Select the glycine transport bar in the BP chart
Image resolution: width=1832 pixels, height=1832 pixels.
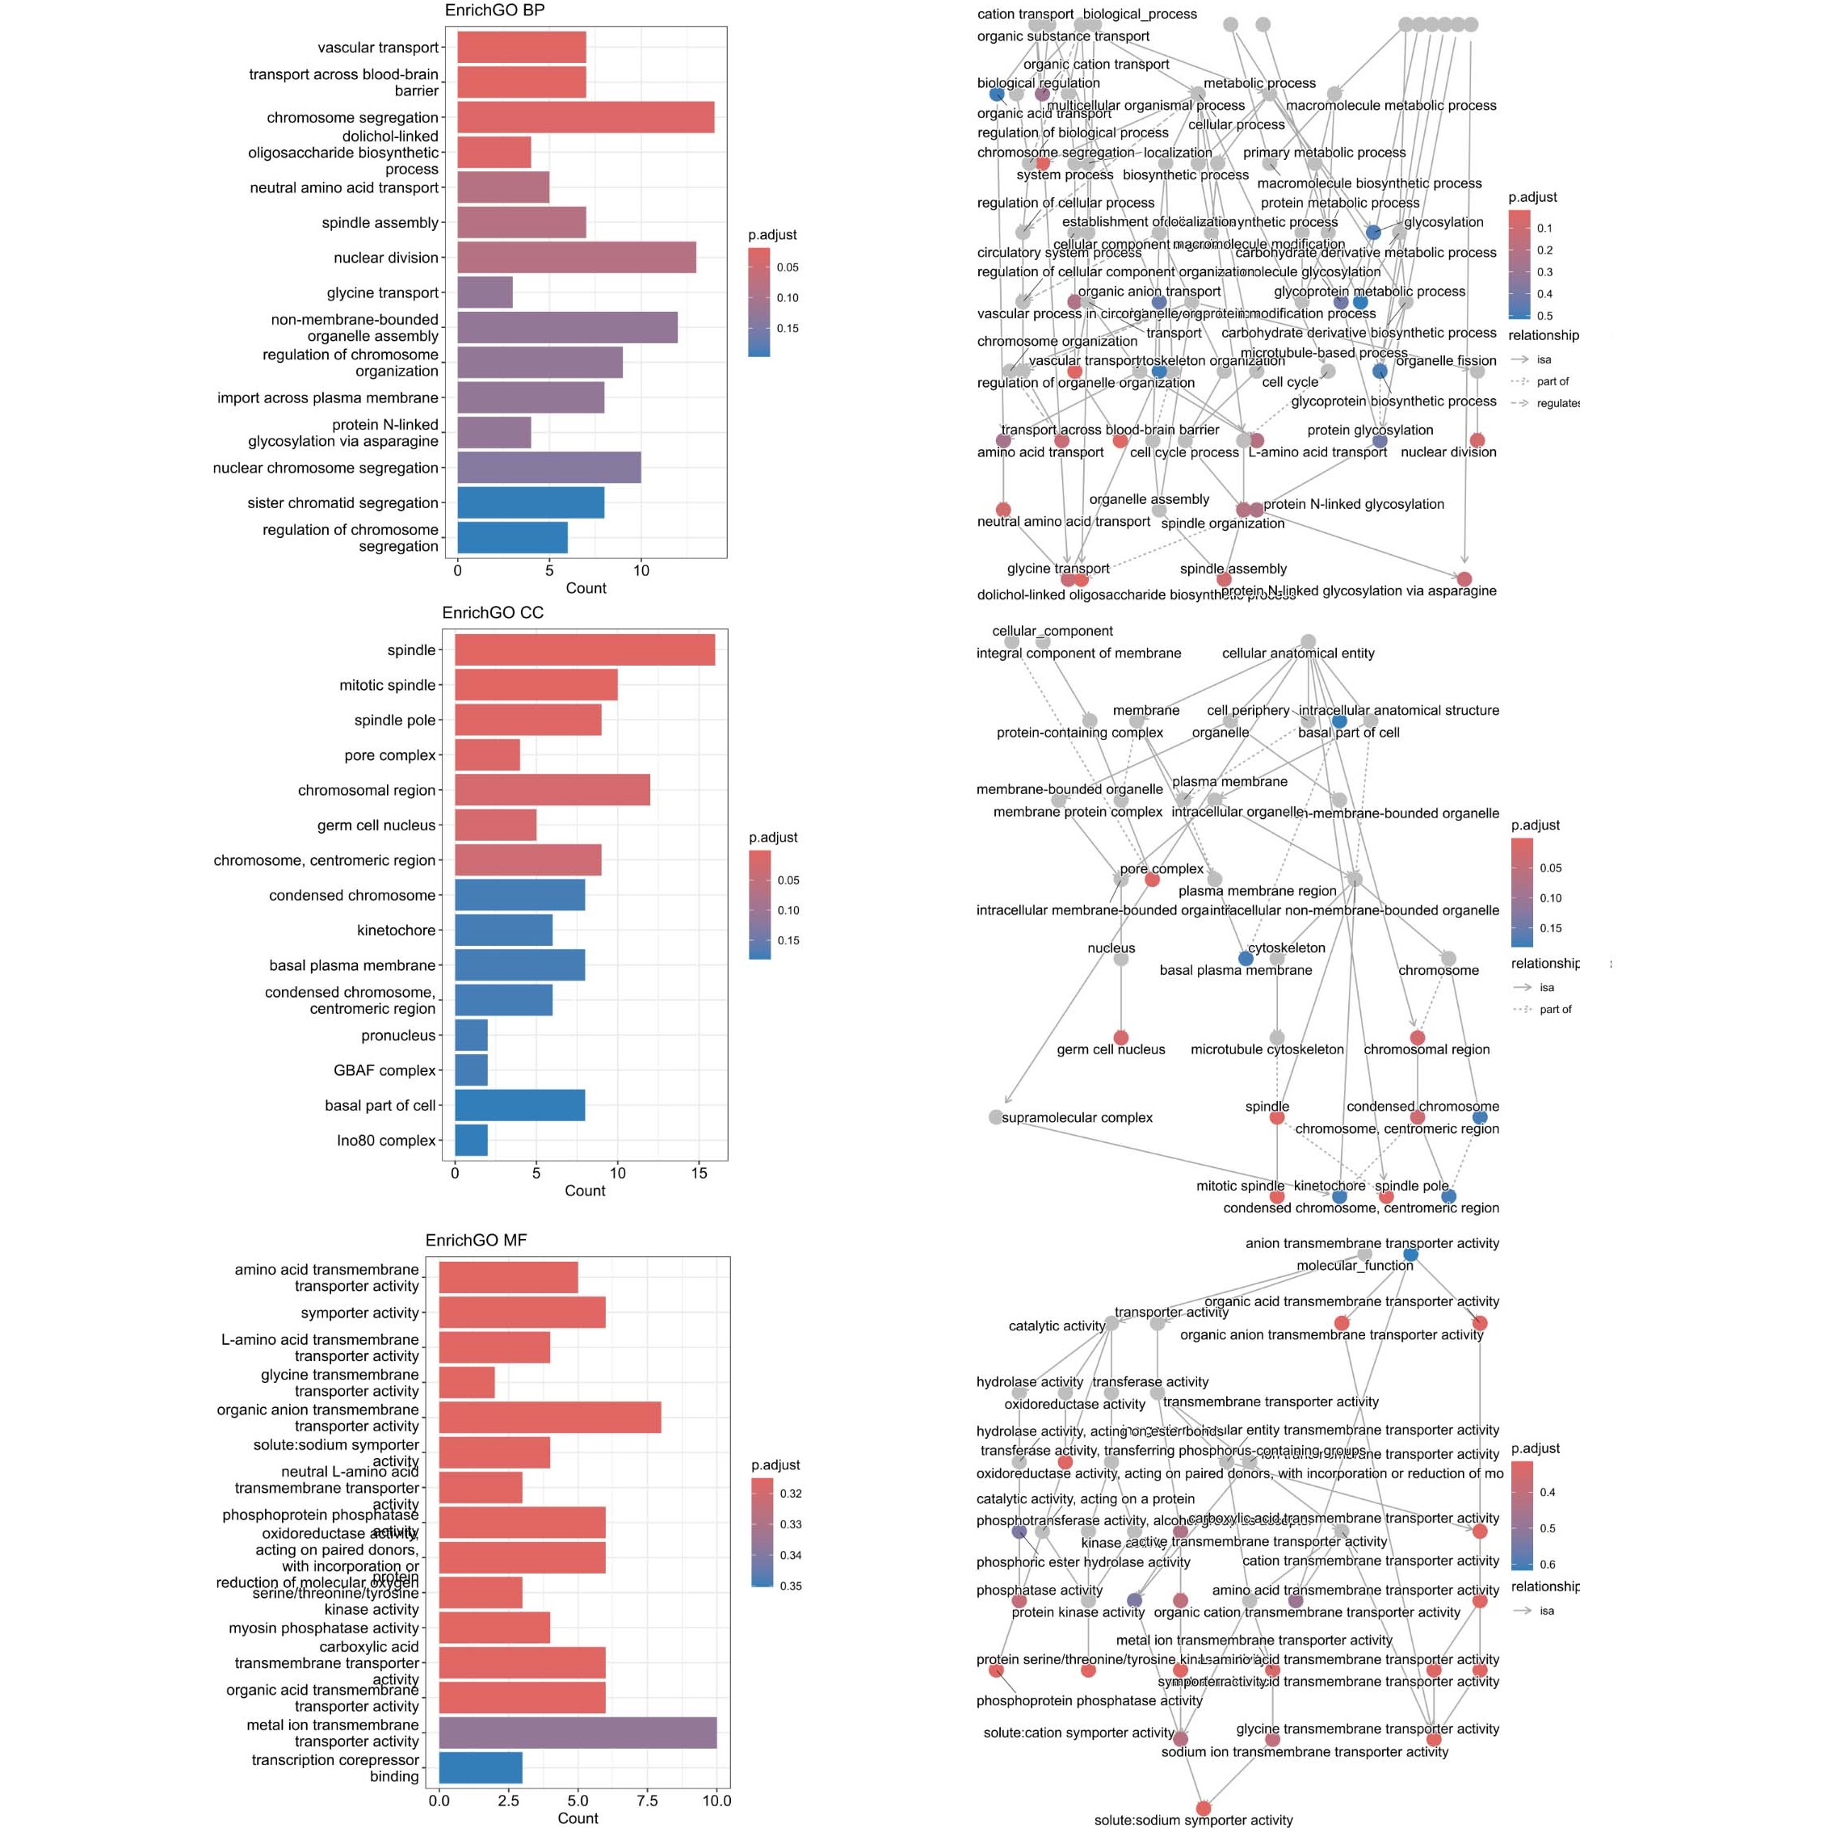pyautogui.click(x=485, y=292)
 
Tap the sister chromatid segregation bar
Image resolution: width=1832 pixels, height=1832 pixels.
pyautogui.click(x=530, y=502)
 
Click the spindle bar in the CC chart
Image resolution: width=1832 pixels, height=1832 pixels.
pyautogui.click(x=584, y=650)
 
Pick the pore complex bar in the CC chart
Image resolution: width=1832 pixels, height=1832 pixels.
pyautogui.click(x=487, y=754)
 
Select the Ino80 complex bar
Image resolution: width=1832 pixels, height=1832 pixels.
pyautogui.click(x=471, y=1141)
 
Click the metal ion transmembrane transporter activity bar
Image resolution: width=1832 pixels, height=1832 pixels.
pyautogui.click(x=578, y=1733)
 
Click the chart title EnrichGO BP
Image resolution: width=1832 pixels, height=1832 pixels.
pyautogui.click(x=494, y=11)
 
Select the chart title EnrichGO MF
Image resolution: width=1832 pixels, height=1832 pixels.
pyautogui.click(x=476, y=1240)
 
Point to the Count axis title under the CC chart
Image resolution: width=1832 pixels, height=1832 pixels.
pyautogui.click(x=584, y=1191)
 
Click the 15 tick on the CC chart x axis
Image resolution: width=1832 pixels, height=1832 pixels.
pyautogui.click(x=699, y=1173)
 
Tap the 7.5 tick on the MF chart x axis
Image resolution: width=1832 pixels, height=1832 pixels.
pyautogui.click(x=648, y=1800)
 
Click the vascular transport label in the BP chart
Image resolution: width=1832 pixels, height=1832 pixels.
pyautogui.click(x=378, y=48)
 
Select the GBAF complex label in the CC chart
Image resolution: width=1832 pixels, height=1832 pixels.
pyautogui.click(x=384, y=1070)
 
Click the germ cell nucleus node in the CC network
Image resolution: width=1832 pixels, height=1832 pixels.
pyautogui.click(x=1121, y=1038)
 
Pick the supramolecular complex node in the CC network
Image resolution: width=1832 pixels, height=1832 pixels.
pyautogui.click(x=996, y=1117)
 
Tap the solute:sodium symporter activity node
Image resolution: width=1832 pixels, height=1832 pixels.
pyautogui.click(x=1204, y=1809)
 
